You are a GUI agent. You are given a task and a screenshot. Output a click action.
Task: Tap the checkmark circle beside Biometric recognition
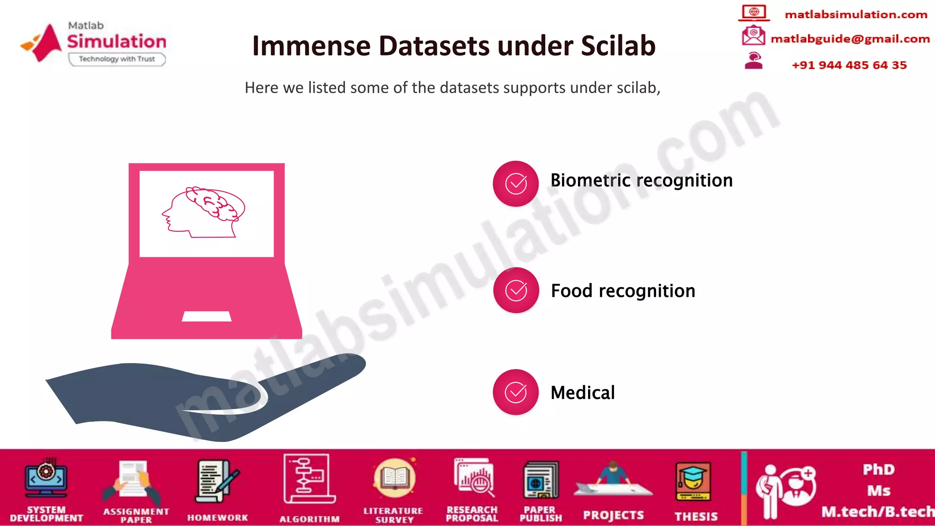516,184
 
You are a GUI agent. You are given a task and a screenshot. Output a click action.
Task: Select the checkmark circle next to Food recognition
516,290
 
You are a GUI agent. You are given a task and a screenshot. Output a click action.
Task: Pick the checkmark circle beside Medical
516,392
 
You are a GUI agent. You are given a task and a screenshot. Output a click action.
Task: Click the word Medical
583,393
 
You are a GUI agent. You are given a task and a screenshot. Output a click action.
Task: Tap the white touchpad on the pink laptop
206,316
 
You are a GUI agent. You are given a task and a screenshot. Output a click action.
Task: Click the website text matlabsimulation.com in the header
856,15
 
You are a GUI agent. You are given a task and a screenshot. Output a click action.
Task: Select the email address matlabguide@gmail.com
850,39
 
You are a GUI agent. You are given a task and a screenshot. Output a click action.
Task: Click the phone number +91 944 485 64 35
849,65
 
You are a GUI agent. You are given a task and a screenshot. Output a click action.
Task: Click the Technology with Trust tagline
117,59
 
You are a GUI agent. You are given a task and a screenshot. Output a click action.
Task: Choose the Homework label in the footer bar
218,518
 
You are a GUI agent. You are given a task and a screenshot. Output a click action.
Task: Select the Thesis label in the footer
696,516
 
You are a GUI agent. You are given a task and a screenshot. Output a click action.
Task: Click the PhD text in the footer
878,469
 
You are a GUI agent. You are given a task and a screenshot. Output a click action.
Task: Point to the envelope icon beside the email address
753,36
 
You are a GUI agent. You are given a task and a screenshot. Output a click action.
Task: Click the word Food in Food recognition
572,291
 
